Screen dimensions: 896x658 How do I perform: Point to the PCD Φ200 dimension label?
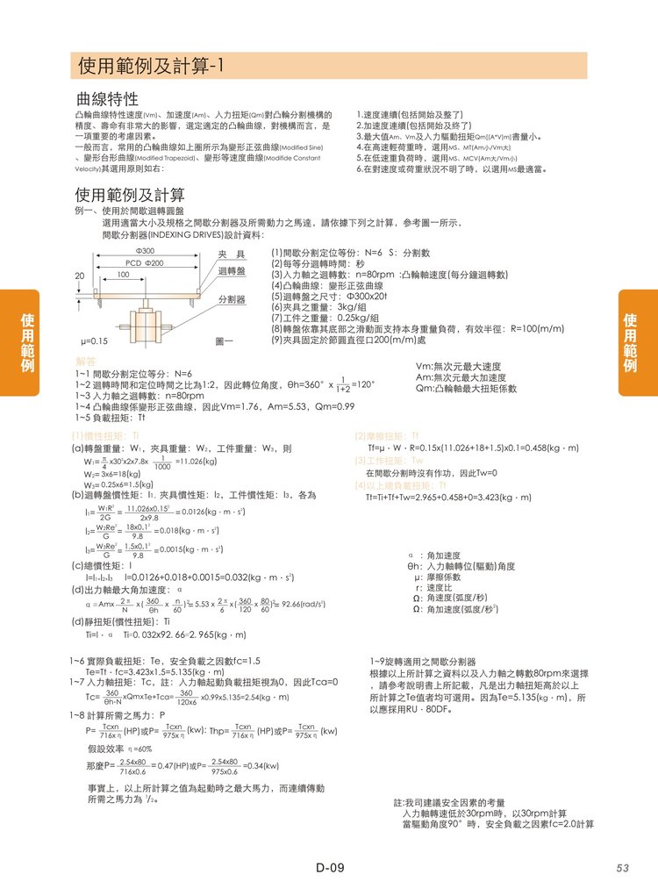click(x=143, y=263)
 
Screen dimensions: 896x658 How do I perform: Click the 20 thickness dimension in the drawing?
click(x=80, y=276)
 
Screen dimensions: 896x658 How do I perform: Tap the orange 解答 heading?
click(x=86, y=362)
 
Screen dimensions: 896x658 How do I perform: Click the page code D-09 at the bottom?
click(x=329, y=869)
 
